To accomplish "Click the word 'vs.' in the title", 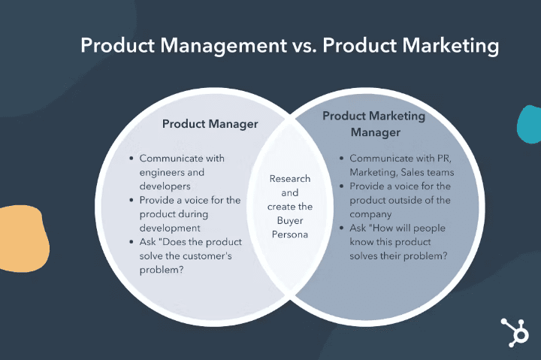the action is coord(304,46).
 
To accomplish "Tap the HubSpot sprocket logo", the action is coord(515,332).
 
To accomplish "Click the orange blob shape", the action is coord(24,239).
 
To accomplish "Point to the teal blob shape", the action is coord(530,124).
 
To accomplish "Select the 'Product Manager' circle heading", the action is coord(210,124).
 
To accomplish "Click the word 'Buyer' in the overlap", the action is coord(290,221).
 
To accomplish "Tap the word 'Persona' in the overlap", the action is coord(290,234).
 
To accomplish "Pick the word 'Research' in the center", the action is coord(290,179).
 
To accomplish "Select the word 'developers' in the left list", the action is coord(165,186).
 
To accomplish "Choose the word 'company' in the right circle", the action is coord(370,215).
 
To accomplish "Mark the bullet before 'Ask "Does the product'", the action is coord(131,242).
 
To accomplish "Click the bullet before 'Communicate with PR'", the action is coord(342,159).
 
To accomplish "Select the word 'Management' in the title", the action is coord(224,47).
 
